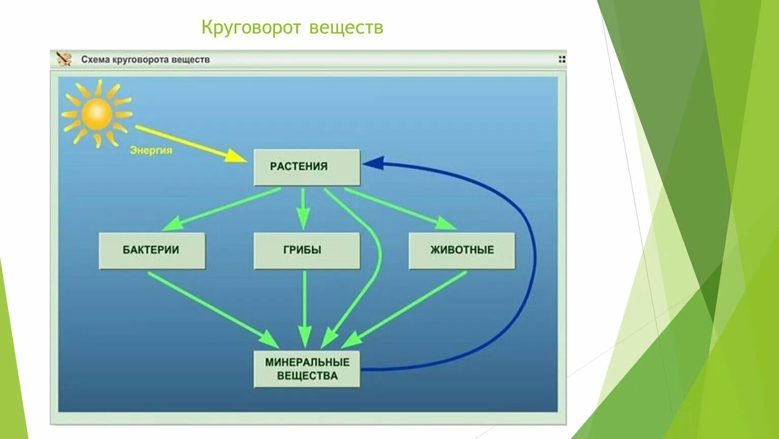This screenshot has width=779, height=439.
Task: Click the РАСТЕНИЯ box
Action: pyautogui.click(x=307, y=167)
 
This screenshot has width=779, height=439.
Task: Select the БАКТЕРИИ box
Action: pyautogui.click(x=151, y=250)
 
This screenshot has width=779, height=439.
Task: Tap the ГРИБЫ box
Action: pyautogui.click(x=307, y=250)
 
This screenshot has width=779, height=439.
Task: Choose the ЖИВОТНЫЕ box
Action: pyautogui.click(x=461, y=250)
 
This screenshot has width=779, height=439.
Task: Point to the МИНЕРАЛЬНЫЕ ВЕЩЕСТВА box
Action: pyautogui.click(x=307, y=369)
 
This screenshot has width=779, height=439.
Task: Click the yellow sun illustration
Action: pyautogui.click(x=97, y=114)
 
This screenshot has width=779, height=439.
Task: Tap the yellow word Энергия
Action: pyautogui.click(x=151, y=150)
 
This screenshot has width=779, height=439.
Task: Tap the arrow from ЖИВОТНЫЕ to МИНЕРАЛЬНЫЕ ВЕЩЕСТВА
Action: pyautogui.click(x=412, y=305)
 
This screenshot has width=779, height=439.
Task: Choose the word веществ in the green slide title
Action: pyautogui.click(x=346, y=27)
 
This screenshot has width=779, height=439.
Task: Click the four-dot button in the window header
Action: pyautogui.click(x=562, y=59)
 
